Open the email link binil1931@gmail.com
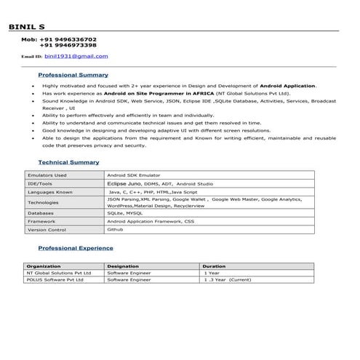(x=76, y=56)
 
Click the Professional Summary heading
(x=73, y=75)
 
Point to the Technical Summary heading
(x=68, y=162)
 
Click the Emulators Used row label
(x=47, y=175)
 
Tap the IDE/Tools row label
(x=40, y=184)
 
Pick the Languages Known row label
(x=49, y=192)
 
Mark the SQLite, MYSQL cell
(x=125, y=213)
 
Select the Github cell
(x=116, y=229)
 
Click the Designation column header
(x=123, y=266)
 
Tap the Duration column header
(x=214, y=266)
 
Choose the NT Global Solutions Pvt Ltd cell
(x=59, y=273)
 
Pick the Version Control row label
(x=47, y=229)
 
